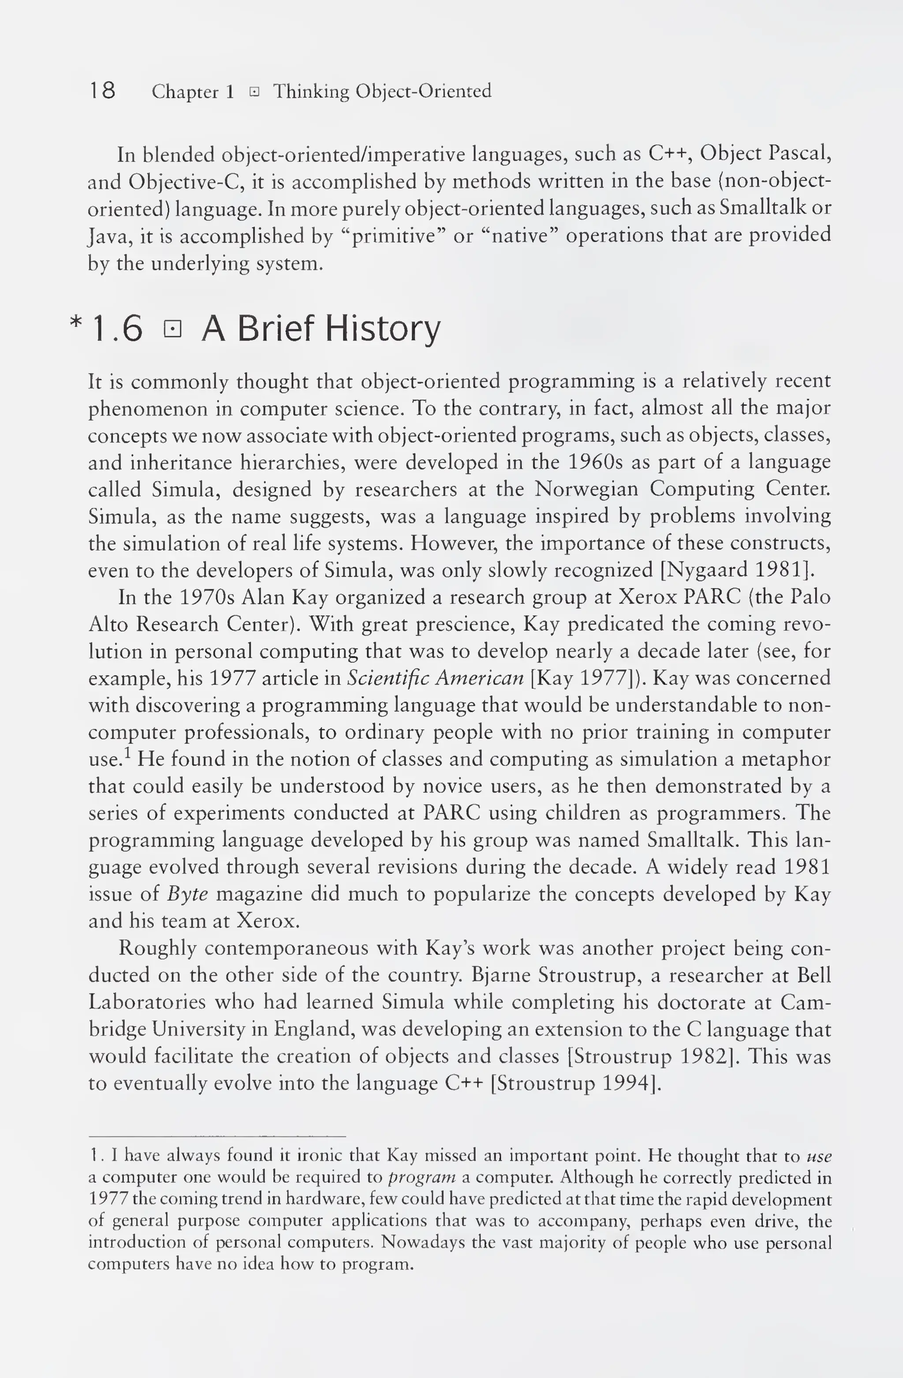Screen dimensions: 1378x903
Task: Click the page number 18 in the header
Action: (102, 91)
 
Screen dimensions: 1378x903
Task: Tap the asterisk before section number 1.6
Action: (75, 322)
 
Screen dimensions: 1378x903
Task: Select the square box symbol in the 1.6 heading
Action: (172, 329)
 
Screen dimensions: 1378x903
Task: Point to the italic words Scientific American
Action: (435, 678)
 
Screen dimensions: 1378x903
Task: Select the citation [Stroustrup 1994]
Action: (575, 1083)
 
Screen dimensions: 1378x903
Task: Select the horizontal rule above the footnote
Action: (216, 1136)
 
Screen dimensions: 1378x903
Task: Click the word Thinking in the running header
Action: (311, 91)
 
